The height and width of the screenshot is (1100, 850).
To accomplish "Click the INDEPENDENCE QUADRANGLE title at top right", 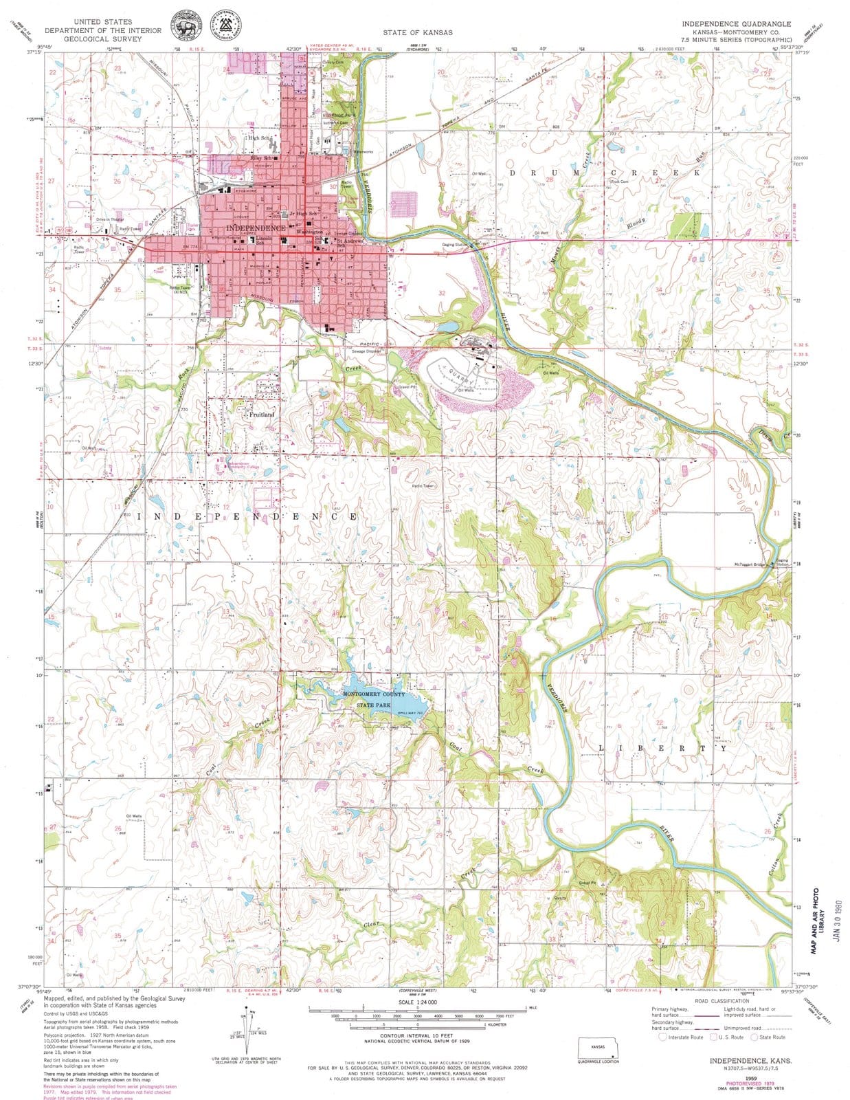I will (x=736, y=23).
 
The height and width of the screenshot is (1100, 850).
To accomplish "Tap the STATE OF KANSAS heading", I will (x=412, y=32).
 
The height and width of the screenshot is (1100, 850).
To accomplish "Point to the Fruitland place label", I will (x=261, y=415).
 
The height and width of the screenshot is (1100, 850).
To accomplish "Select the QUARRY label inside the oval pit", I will (x=459, y=377).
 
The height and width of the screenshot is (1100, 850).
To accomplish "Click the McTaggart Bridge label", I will (x=749, y=564).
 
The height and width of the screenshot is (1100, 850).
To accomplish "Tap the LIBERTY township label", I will (x=659, y=747).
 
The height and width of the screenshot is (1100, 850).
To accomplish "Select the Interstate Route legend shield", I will (x=662, y=1037).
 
